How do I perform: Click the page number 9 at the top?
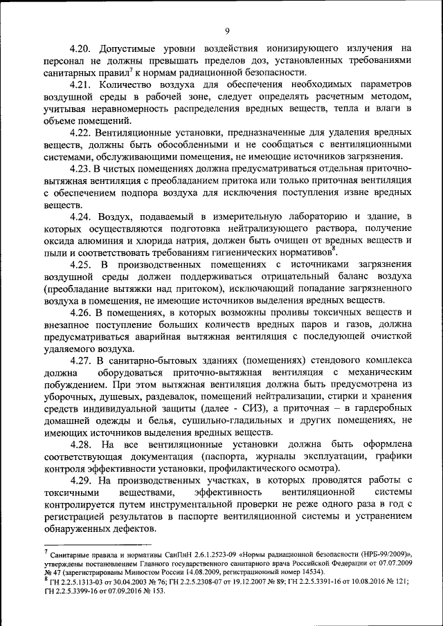click(227, 29)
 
